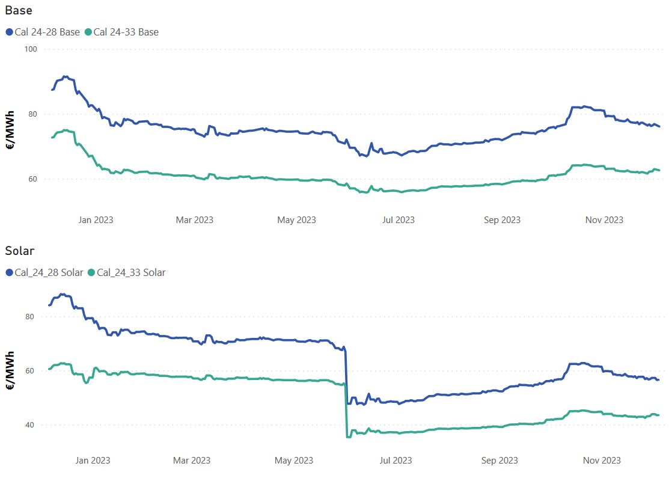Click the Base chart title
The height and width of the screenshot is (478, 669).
pyautogui.click(x=19, y=10)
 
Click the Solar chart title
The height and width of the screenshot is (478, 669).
pyautogui.click(x=20, y=251)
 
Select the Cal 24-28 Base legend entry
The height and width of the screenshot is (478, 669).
pyautogui.click(x=43, y=32)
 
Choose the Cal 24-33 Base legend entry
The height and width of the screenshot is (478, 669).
pyautogui.click(x=121, y=32)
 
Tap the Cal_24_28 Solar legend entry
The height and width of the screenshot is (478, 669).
pyautogui.click(x=44, y=272)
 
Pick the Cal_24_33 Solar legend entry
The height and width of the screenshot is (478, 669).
pyautogui.click(x=126, y=272)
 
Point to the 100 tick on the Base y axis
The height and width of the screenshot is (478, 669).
pyautogui.click(x=31, y=49)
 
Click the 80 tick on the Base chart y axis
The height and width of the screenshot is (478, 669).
pyautogui.click(x=33, y=114)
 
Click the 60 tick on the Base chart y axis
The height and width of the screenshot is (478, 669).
pyautogui.click(x=33, y=179)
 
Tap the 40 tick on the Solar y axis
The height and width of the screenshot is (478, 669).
pyautogui.click(x=29, y=424)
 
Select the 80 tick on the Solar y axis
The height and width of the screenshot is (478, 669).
pyautogui.click(x=29, y=317)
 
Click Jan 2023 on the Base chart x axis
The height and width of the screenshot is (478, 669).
pyautogui.click(x=96, y=220)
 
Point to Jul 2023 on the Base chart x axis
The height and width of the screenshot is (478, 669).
pyautogui.click(x=399, y=220)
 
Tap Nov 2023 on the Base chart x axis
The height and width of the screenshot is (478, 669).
pyautogui.click(x=604, y=220)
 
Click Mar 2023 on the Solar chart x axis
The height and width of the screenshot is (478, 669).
pyautogui.click(x=192, y=461)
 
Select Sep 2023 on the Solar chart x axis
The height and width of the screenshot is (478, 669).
pyautogui.click(x=499, y=461)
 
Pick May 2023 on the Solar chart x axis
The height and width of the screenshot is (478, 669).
pyautogui.click(x=294, y=461)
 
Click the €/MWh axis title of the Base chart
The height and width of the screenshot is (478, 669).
pyautogui.click(x=10, y=130)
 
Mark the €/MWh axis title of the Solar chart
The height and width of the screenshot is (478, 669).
pyautogui.click(x=10, y=370)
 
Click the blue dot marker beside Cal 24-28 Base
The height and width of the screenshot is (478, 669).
pyautogui.click(x=10, y=32)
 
